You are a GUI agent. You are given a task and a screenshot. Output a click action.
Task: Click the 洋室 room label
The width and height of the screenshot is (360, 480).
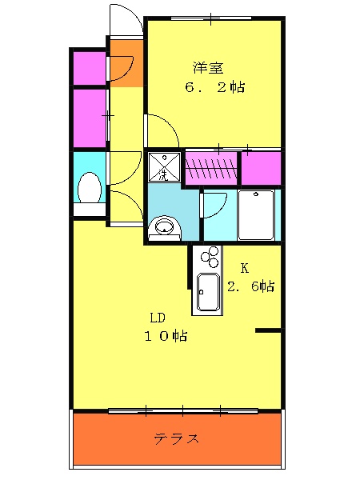(208, 68)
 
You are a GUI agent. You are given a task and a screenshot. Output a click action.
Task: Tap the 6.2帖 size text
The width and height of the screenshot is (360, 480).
(215, 87)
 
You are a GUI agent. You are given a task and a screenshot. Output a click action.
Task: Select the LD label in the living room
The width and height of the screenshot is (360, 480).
(158, 318)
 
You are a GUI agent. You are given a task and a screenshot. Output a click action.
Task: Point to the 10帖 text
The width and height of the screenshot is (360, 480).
(166, 336)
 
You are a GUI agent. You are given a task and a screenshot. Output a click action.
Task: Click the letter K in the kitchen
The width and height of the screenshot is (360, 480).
(244, 268)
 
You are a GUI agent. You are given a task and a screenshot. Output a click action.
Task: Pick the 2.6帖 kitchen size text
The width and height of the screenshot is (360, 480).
(250, 286)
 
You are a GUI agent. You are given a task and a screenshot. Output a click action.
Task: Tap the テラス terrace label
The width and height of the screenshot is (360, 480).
(177, 439)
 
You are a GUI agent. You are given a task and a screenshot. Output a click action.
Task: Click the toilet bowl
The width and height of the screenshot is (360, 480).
(90, 187)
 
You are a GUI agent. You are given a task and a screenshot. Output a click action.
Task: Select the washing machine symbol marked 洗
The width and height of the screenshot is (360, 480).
(164, 167)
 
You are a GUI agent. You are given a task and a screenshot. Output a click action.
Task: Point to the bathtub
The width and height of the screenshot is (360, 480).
(256, 215)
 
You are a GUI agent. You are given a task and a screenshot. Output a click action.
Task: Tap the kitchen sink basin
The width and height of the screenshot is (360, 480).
(207, 291)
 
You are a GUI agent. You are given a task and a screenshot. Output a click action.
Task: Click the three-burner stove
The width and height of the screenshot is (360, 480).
(210, 257)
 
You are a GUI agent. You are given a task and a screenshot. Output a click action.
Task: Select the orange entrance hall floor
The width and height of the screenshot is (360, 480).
(126, 63)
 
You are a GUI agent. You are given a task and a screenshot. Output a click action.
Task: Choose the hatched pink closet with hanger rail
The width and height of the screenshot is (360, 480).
(211, 168)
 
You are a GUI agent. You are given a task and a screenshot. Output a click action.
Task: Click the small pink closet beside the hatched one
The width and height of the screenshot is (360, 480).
(261, 168)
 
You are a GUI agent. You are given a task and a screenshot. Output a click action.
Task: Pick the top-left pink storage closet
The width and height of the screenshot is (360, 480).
(90, 68)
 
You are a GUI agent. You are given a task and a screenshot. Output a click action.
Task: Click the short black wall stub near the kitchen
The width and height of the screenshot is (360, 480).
(268, 330)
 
